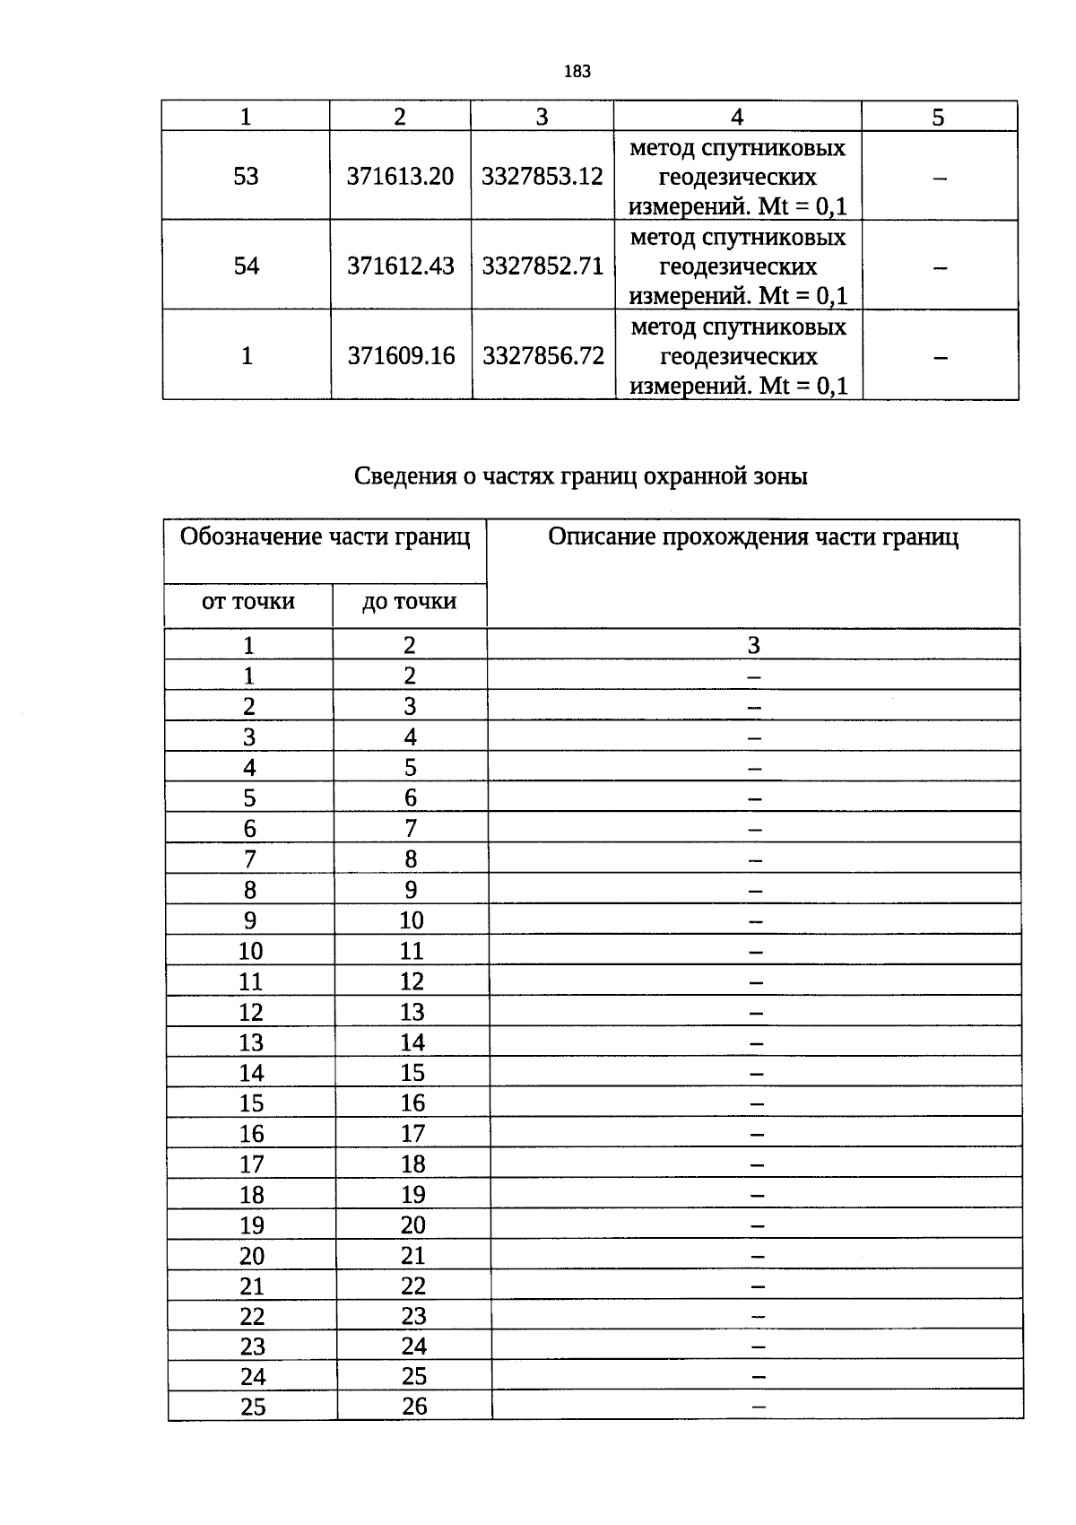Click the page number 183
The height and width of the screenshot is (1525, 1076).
tap(577, 72)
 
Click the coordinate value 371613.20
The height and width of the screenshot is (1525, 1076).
tap(400, 176)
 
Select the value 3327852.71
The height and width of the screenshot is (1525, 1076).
tap(542, 266)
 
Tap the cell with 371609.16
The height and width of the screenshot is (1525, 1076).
tap(401, 356)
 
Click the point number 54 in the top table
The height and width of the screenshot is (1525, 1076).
tap(246, 266)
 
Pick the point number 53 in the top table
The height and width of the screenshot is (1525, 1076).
tap(246, 176)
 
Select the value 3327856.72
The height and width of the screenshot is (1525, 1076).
tap(543, 356)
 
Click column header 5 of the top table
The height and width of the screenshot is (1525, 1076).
tap(938, 118)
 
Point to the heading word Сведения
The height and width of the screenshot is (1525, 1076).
tap(404, 476)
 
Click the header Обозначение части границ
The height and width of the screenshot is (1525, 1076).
tap(325, 537)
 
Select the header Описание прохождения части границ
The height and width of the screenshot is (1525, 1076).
tap(753, 537)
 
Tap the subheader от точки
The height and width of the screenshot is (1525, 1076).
tap(248, 601)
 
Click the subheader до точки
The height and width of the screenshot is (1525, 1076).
tap(409, 601)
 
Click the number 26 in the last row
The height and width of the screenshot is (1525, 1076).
tap(414, 1406)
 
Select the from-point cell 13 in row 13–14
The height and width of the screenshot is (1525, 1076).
tap(251, 1042)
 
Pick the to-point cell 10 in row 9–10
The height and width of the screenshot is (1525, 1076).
tap(412, 920)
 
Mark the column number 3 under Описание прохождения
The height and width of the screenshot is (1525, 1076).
tap(753, 645)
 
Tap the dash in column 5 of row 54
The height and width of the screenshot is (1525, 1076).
tap(939, 267)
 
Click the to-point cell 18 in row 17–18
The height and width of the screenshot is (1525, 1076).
tap(412, 1164)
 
